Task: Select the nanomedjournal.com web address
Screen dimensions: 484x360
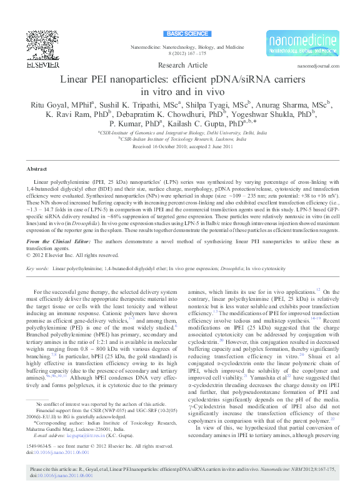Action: tap(318, 66)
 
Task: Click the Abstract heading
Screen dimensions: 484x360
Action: tap(36, 169)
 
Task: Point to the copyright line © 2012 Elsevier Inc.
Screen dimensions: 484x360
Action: tap(72, 255)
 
